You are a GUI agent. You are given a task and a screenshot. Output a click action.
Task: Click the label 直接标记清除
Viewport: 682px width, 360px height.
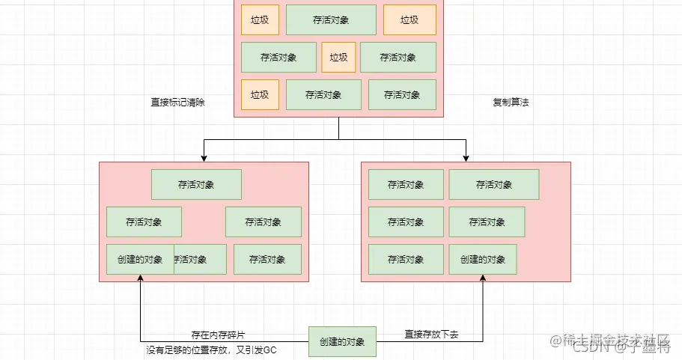(178, 103)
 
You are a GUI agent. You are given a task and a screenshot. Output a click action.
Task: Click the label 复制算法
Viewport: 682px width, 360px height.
(511, 103)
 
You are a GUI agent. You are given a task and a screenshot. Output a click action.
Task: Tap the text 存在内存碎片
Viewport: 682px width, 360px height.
(218, 335)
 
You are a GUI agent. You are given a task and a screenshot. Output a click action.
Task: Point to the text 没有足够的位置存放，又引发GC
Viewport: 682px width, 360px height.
(212, 350)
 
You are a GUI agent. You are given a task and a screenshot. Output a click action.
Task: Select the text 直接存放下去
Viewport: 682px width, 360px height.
(431, 335)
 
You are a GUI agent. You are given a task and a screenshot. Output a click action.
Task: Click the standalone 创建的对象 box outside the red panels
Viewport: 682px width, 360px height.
(342, 342)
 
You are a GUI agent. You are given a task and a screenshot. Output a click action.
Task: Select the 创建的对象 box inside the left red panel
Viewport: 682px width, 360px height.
(140, 260)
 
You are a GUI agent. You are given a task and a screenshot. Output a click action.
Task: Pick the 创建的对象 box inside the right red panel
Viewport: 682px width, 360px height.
(483, 260)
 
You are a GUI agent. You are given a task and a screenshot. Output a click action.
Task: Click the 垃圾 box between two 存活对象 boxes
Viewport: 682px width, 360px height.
(338, 58)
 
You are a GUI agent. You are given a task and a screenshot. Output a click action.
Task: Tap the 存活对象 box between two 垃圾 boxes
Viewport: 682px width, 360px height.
(331, 20)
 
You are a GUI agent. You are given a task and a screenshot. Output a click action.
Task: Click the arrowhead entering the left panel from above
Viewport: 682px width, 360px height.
(204, 158)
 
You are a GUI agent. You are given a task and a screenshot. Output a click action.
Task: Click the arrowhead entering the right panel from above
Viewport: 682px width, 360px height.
(466, 158)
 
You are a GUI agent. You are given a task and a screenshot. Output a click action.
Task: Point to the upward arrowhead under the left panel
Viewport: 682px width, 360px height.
(140, 278)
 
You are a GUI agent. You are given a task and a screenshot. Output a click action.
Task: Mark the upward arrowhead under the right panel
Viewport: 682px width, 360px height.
(483, 278)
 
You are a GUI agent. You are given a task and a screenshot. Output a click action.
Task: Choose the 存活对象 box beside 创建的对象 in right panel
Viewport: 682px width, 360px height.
(406, 260)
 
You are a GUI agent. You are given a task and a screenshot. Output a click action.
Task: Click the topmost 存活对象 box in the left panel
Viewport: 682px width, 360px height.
(196, 184)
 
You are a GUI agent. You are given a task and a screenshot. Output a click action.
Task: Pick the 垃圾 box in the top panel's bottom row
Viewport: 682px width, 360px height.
(260, 95)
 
